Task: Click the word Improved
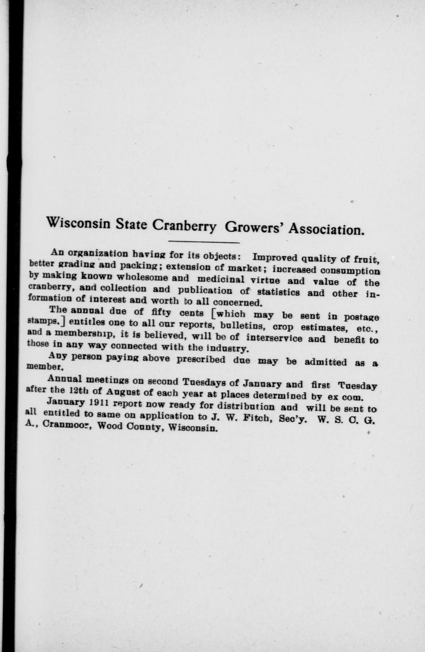273,258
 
